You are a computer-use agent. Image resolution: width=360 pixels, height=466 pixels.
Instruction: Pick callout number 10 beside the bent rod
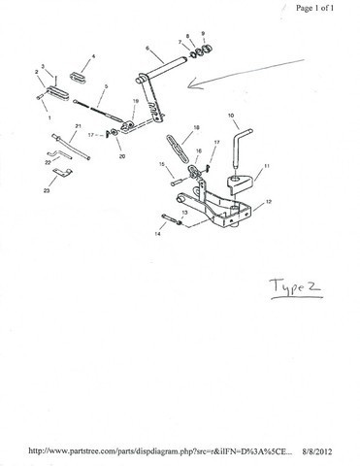coord(232,115)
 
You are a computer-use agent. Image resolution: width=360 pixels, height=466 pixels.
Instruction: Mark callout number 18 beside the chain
coord(196,127)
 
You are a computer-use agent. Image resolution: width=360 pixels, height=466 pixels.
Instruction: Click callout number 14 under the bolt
coord(158,235)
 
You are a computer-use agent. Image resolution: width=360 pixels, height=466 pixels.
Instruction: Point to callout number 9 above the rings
coord(203,34)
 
